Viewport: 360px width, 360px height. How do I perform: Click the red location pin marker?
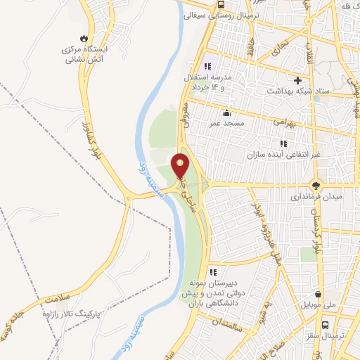pyautogui.click(x=181, y=165)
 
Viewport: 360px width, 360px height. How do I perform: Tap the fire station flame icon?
pyautogui.click(x=84, y=37)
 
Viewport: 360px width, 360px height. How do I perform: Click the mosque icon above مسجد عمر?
pyautogui.click(x=226, y=113)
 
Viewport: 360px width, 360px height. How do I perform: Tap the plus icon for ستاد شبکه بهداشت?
pyautogui.click(x=298, y=80)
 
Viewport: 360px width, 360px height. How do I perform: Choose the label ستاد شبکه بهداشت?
pyautogui.click(x=298, y=91)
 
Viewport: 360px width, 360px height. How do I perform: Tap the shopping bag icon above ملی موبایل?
pyautogui.click(x=320, y=295)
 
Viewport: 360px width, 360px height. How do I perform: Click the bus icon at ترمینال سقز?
pyautogui.click(x=326, y=326)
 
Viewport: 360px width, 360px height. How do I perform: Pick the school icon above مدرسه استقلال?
pyautogui.click(x=207, y=66)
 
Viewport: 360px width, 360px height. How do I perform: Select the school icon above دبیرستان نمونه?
pyautogui.click(x=213, y=272)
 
